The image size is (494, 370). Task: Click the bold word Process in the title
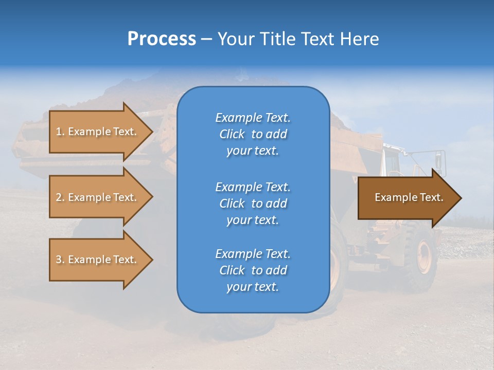(161, 39)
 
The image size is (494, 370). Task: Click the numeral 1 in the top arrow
(59, 132)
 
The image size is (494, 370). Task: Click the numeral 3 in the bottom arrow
(59, 260)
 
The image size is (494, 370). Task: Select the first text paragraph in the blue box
(253, 134)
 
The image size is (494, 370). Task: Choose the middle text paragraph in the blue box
(253, 203)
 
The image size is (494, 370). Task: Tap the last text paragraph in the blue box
(253, 270)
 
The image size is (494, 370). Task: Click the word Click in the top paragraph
(232, 134)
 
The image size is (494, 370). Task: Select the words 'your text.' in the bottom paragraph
(253, 287)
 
